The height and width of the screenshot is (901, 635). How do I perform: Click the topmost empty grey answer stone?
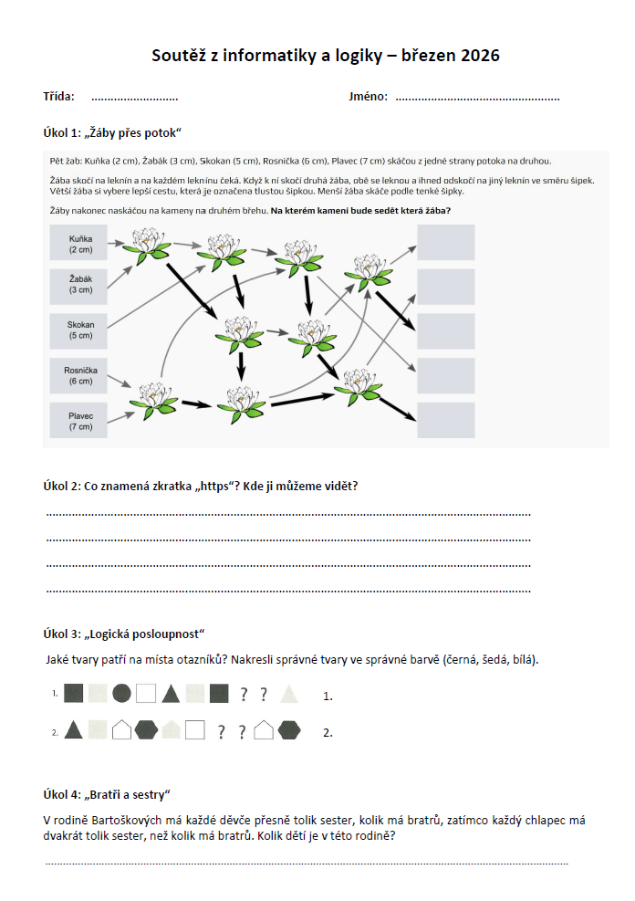[x=446, y=242]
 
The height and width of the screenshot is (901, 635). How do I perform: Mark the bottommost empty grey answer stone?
[x=446, y=420]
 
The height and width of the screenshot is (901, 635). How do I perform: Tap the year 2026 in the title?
[x=479, y=57]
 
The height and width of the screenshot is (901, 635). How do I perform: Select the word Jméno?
[x=368, y=97]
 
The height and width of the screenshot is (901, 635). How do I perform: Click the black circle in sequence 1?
[x=121, y=694]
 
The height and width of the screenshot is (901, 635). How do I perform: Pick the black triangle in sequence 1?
[x=171, y=694]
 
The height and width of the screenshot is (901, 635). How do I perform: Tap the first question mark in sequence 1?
[x=244, y=695]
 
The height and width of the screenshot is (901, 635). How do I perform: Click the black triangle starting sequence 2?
[x=74, y=730]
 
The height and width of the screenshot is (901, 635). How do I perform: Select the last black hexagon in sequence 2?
[x=289, y=730]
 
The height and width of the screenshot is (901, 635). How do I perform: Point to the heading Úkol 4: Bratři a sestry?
[x=108, y=794]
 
